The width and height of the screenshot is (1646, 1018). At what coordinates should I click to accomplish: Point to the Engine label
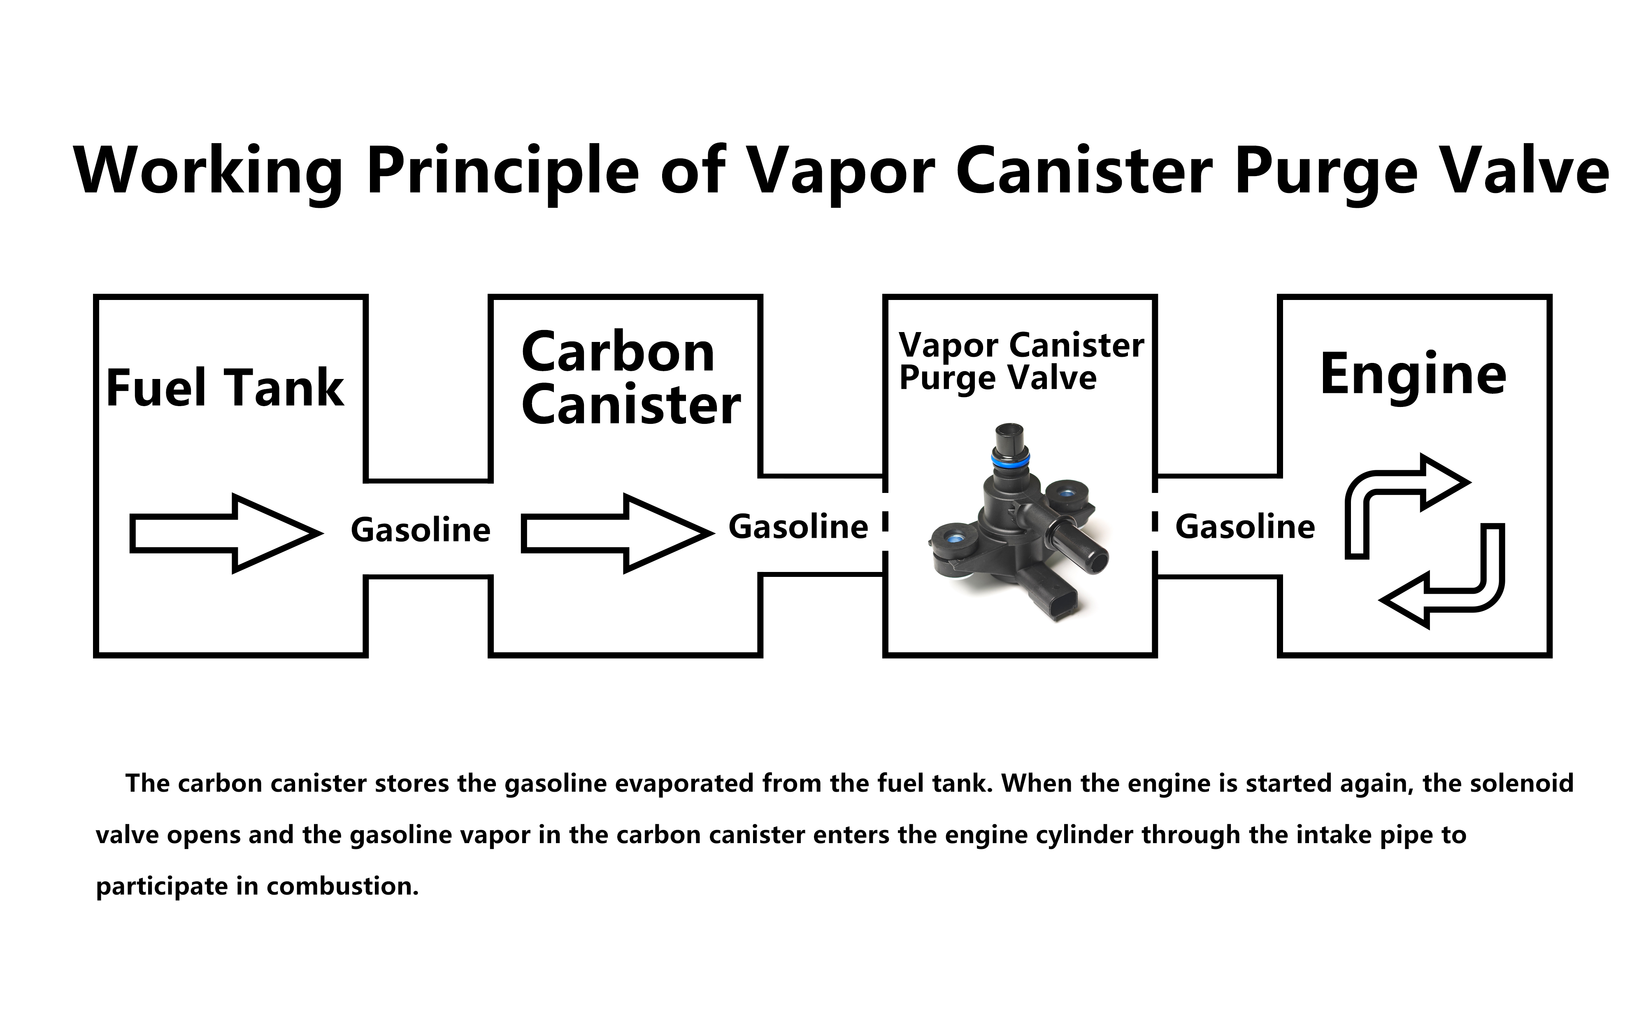[x=1413, y=374]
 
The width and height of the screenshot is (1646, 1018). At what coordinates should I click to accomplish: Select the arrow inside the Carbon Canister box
[x=617, y=533]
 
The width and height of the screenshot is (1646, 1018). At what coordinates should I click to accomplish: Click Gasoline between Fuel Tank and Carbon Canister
[x=420, y=530]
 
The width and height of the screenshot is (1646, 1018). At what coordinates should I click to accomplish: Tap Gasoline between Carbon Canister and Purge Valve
[x=798, y=527]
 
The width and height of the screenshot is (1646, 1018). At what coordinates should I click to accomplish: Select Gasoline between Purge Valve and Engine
[x=1245, y=527]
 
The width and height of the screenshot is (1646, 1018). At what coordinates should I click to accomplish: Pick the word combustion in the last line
[x=343, y=886]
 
